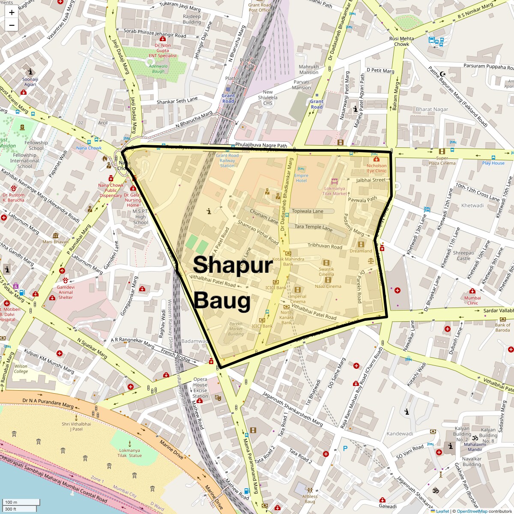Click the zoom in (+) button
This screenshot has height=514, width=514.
pyautogui.click(x=12, y=12)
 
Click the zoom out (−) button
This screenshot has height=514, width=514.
pyautogui.click(x=12, y=25)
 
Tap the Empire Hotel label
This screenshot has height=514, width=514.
pyautogui.click(x=301, y=178)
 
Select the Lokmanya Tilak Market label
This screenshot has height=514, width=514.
pyautogui.click(x=335, y=191)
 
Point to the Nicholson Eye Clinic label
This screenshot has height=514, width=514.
pyautogui.click(x=376, y=168)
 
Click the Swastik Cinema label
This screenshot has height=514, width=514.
pyautogui.click(x=326, y=272)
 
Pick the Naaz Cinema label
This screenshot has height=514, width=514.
pyautogui.click(x=328, y=286)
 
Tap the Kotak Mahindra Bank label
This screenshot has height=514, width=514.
pyautogui.click(x=288, y=261)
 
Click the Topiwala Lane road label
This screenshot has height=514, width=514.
pyautogui.click(x=308, y=211)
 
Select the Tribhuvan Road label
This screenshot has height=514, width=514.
pyautogui.click(x=325, y=246)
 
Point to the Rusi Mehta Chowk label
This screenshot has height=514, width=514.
pyautogui.click(x=401, y=41)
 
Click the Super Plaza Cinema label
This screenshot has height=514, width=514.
pyautogui.click(x=442, y=161)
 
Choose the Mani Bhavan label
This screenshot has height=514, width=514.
pyautogui.click(x=55, y=242)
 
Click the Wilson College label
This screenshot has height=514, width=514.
pyautogui.click(x=21, y=369)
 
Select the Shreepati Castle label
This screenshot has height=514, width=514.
pyautogui.click(x=463, y=256)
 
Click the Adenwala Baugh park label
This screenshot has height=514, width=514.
pyautogui.click(x=158, y=69)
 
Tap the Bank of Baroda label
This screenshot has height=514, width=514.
pyautogui.click(x=502, y=327)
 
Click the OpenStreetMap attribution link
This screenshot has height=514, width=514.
pyautogui.click(x=472, y=511)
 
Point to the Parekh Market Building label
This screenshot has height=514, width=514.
pyautogui.click(x=236, y=329)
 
